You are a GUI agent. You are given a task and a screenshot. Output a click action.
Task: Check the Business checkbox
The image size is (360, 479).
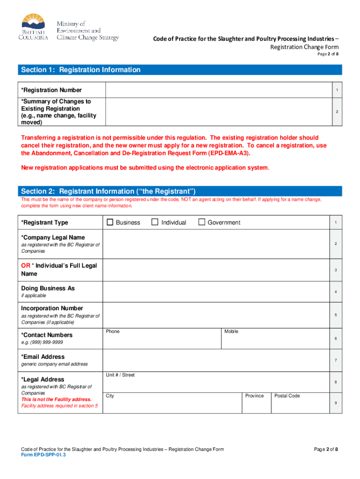coord(110,223)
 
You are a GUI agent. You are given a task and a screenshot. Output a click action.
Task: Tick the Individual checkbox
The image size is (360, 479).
coord(155,223)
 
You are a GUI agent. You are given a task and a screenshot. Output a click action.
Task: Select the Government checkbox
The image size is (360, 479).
coord(202,223)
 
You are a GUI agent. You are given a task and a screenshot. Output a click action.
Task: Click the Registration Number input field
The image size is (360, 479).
coord(218,90)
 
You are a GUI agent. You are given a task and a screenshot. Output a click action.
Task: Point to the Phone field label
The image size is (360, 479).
coord(113,332)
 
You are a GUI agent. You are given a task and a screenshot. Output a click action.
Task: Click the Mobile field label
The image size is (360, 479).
coord(231,332)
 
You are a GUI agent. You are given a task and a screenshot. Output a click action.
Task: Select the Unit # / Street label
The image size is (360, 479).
coord(120,375)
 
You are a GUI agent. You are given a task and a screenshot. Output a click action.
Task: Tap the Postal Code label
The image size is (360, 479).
coord(287,396)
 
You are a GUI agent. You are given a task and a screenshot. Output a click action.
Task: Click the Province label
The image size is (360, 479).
coord(255,396)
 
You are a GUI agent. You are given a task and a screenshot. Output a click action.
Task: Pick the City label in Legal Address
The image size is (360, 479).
coord(110,396)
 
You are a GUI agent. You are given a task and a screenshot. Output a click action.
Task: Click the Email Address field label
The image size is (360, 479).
coord(43,357)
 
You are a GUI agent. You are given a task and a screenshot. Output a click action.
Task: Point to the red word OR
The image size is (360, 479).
coord(25,266)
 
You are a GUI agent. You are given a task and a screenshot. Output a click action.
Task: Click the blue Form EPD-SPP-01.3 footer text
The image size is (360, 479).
coord(41,455)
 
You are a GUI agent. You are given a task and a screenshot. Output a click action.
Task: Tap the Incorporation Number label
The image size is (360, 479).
coord(52,308)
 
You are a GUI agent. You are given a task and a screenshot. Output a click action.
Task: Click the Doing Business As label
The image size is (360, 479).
coord(48,289)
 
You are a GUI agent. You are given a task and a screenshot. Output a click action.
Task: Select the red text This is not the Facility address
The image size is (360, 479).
coord(56,399)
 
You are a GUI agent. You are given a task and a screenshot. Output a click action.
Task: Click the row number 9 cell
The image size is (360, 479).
coord(336,403)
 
